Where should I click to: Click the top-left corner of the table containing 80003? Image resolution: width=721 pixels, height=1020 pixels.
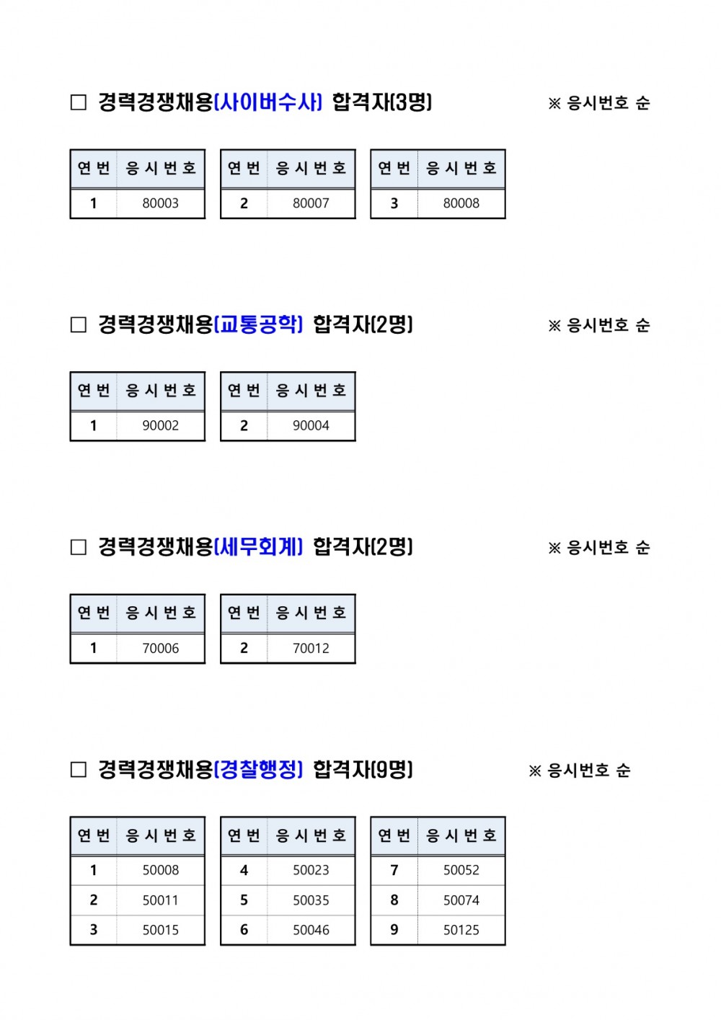(70, 149)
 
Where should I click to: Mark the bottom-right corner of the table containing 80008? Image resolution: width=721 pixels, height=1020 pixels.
(505, 218)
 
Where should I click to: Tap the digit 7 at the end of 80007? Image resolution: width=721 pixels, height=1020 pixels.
(325, 203)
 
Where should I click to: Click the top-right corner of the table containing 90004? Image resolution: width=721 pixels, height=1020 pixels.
(355, 372)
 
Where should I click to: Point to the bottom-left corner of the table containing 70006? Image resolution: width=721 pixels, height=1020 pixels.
(70, 663)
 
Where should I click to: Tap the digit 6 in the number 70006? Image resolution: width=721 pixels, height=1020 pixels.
(175, 648)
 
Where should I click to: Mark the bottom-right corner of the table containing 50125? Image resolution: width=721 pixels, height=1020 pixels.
(505, 945)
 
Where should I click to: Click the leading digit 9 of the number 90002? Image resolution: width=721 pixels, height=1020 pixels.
(146, 426)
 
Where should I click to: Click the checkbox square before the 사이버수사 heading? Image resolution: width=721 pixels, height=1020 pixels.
(79, 102)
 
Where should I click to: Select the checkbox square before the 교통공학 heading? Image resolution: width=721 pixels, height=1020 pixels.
(79, 324)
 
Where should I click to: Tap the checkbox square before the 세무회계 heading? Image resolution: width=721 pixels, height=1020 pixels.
(79, 547)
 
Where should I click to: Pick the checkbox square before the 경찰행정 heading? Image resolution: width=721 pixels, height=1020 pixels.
(79, 770)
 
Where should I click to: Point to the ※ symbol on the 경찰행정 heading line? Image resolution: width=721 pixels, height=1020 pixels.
(535, 771)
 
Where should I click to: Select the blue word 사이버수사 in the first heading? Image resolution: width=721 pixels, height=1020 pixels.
(267, 102)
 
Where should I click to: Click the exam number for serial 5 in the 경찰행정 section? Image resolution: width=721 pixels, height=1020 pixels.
(311, 900)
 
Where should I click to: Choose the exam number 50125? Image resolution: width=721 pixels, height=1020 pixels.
(461, 930)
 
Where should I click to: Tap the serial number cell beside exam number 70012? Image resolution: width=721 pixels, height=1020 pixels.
(244, 648)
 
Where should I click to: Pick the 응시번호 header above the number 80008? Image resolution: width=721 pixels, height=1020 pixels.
(461, 168)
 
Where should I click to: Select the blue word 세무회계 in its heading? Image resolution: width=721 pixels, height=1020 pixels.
(258, 546)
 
